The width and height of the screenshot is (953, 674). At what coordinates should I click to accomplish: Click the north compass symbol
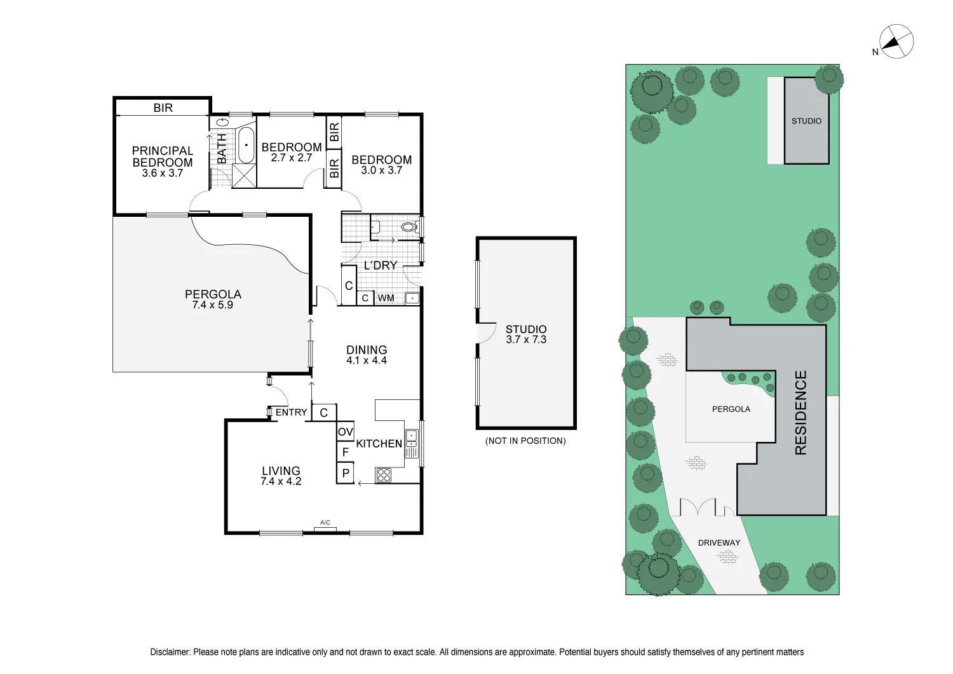pos(896,42)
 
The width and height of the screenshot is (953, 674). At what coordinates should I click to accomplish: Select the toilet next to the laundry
pos(408,227)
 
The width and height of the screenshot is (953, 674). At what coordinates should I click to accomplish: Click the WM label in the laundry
pos(386,298)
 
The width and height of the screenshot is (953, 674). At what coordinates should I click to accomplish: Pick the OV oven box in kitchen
pos(345,432)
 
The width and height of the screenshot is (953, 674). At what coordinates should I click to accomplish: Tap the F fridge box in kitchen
pos(345,452)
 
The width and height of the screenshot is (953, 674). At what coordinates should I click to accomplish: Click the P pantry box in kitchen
pos(345,473)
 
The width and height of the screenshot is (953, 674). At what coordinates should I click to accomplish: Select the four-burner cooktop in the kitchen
pos(384,474)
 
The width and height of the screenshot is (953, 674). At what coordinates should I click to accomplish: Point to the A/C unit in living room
pos(325,527)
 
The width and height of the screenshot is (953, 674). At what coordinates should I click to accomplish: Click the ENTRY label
pos(291,412)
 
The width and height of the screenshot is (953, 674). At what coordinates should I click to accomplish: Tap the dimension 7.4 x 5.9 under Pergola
pos(212,305)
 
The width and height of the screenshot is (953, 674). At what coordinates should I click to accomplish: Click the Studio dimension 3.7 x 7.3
pos(525,340)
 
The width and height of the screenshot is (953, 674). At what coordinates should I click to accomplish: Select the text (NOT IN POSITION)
pos(525,441)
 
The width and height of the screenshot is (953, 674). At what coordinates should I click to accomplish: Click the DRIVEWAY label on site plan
pos(719,542)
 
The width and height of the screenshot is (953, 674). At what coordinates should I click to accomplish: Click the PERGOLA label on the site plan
pos(731,409)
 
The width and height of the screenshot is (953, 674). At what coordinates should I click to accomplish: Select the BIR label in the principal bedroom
pos(163,108)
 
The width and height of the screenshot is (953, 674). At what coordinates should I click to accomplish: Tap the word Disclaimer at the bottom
pos(170,652)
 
